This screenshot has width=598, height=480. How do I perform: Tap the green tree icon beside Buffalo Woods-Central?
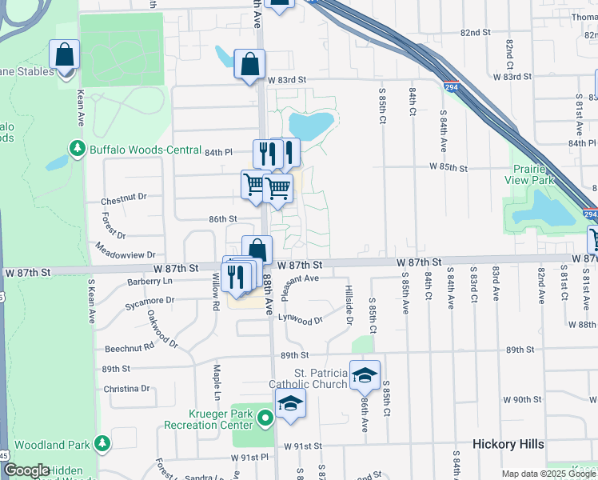[78, 148]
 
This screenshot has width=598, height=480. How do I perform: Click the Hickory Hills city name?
[508, 444]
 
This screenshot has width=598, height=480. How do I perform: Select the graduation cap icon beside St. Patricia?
[365, 374]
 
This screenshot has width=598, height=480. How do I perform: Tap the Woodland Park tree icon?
[102, 442]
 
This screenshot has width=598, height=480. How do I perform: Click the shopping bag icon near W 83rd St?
[249, 64]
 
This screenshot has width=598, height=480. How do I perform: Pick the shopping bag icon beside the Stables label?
[64, 55]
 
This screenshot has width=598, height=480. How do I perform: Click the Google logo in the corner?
[26, 470]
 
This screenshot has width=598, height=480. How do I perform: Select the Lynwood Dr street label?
[300, 319]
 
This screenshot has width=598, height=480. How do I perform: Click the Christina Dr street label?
[126, 389]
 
